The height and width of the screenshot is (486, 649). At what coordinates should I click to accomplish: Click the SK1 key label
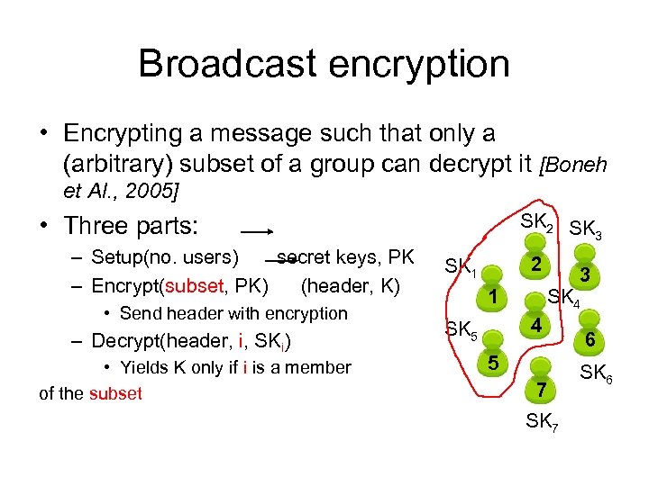tap(461, 267)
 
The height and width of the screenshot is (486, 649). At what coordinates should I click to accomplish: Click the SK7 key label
tap(542, 420)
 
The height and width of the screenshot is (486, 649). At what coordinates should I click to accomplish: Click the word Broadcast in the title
tap(229, 64)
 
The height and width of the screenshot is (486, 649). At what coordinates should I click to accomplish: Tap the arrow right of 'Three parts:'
tap(258, 231)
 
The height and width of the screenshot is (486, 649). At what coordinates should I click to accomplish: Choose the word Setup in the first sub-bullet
tap(116, 259)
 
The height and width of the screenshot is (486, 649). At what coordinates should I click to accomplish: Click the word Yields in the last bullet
tap(147, 367)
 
